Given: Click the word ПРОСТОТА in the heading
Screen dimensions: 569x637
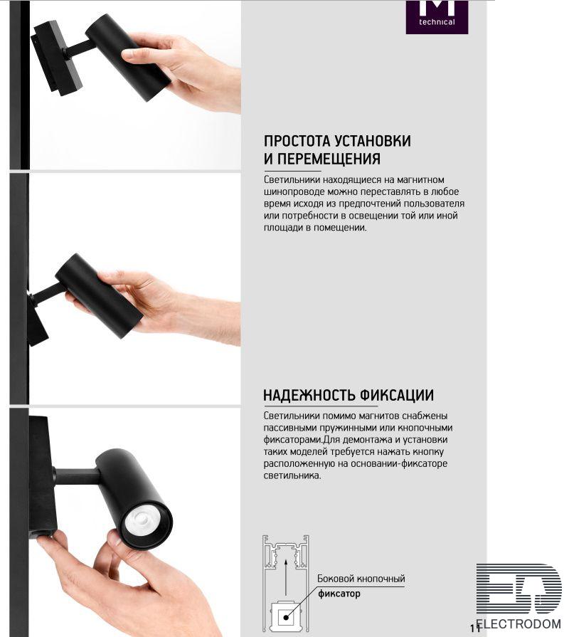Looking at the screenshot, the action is point(297,141).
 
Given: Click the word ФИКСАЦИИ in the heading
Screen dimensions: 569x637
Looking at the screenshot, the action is point(397,395).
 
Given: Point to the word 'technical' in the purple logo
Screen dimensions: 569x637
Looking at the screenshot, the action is point(437,22).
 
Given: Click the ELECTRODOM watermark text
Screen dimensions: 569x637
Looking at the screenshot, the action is point(519,623).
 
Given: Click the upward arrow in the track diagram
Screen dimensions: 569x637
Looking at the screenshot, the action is point(286,577).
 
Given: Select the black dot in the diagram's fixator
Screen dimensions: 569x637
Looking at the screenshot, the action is point(286,618).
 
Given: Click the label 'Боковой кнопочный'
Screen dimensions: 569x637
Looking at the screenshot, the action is point(361,579).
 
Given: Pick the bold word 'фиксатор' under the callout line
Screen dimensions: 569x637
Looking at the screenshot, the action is point(339,594).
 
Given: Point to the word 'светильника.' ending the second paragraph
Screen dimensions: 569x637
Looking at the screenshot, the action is point(292,475).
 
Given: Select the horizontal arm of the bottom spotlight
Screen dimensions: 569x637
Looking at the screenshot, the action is point(77,476).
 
